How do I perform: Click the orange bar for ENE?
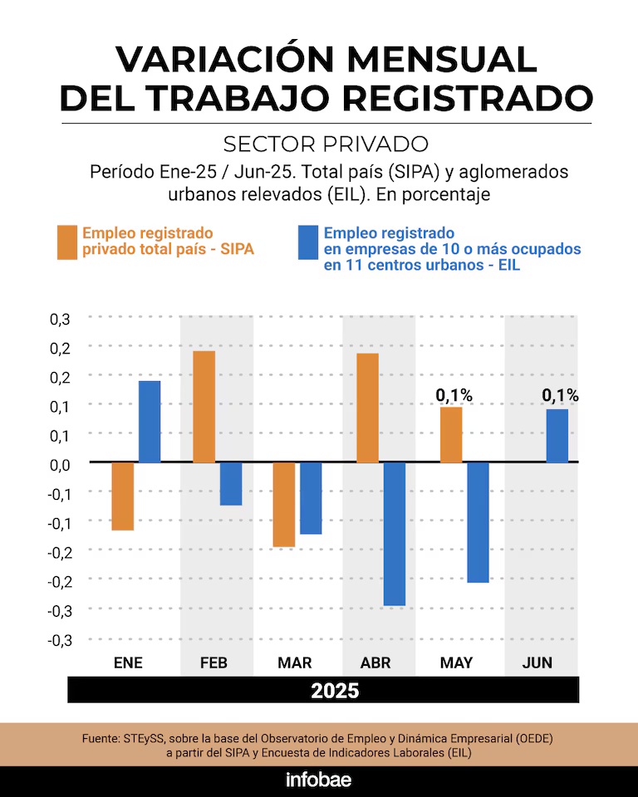[x=123, y=496]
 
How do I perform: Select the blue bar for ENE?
[x=150, y=422]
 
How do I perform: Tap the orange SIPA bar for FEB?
[x=204, y=407]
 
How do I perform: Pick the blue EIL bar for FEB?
[x=231, y=483]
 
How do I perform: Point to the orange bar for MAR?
[x=285, y=504]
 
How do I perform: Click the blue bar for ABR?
[x=394, y=533]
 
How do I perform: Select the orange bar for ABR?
[x=367, y=408]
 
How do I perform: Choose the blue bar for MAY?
[x=478, y=522]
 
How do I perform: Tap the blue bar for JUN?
[x=557, y=436]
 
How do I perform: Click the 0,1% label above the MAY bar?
[x=454, y=396]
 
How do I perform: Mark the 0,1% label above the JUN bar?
[x=561, y=396]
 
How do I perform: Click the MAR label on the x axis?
[x=296, y=663]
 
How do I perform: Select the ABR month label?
[x=377, y=663]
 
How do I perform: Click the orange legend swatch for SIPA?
[x=67, y=242]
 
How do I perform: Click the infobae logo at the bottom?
[x=319, y=780]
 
